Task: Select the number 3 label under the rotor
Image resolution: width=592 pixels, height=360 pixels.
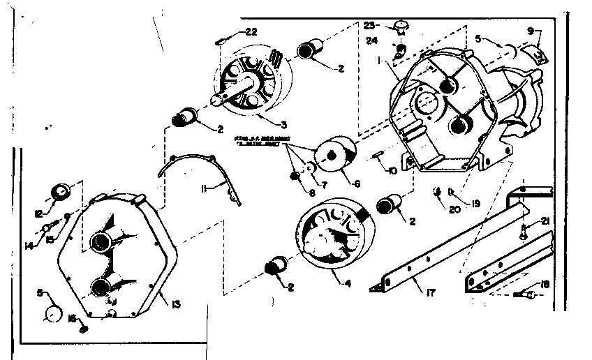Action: click(264, 124)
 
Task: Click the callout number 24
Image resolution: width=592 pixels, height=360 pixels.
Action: click(371, 40)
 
